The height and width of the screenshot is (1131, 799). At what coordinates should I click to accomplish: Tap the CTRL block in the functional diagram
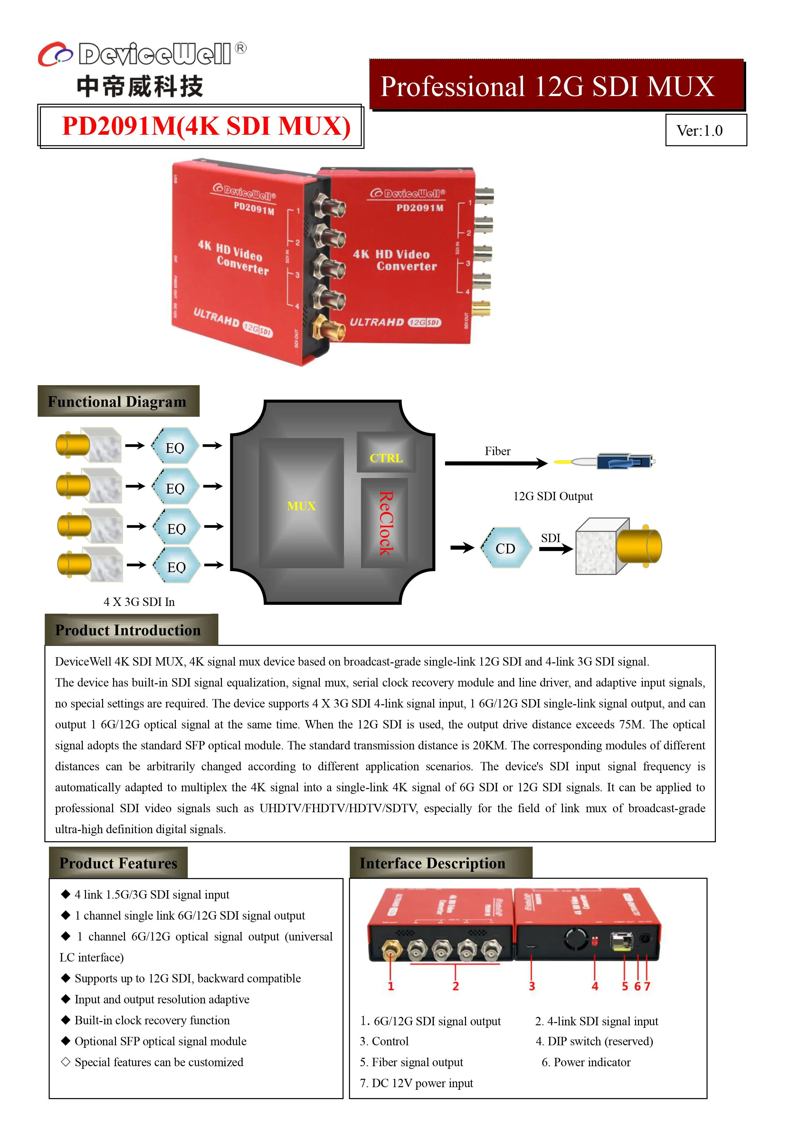(x=386, y=458)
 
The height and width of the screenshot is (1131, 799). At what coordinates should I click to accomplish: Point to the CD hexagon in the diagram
(x=505, y=548)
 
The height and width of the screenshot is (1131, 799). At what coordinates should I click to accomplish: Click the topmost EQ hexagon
(x=175, y=447)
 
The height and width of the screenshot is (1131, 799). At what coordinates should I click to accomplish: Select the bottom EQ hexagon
(x=176, y=567)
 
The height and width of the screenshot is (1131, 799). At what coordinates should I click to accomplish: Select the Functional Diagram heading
(x=117, y=402)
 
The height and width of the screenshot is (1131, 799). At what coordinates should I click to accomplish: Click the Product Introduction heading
(x=128, y=630)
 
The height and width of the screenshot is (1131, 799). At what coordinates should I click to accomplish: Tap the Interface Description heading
(x=432, y=863)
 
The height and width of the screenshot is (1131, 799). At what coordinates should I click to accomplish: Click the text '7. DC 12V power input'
(x=416, y=1083)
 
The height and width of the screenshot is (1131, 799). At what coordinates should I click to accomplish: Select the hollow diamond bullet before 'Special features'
(x=65, y=1062)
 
